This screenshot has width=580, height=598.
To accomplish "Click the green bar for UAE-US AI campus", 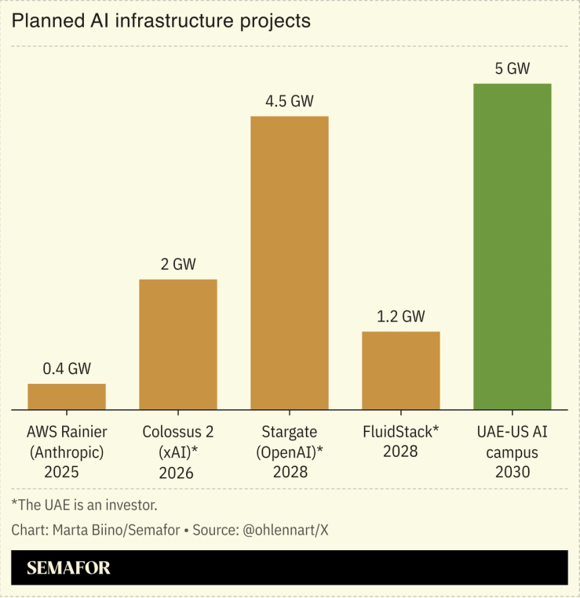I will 513,246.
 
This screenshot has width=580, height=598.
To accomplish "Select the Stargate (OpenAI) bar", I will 290,263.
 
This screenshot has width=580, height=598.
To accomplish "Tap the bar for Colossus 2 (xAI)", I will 178,344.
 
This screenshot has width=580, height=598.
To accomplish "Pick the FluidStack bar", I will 401,370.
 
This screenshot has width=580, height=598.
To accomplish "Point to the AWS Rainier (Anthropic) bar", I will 67,397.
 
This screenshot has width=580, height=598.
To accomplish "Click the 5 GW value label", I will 513,68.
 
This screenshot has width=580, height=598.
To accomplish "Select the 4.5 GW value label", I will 290,101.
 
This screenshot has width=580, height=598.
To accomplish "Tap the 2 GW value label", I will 178,264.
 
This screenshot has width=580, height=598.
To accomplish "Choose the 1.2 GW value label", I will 401,317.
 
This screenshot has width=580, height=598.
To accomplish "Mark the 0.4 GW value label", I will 67,368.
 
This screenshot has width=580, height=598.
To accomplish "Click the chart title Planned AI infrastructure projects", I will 161,21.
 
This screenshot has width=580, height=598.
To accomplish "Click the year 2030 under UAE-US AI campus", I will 513,472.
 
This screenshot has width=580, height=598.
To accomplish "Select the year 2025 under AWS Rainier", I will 67,472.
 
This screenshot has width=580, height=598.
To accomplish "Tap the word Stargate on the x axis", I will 290,432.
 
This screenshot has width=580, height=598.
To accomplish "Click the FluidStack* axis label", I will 401,432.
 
